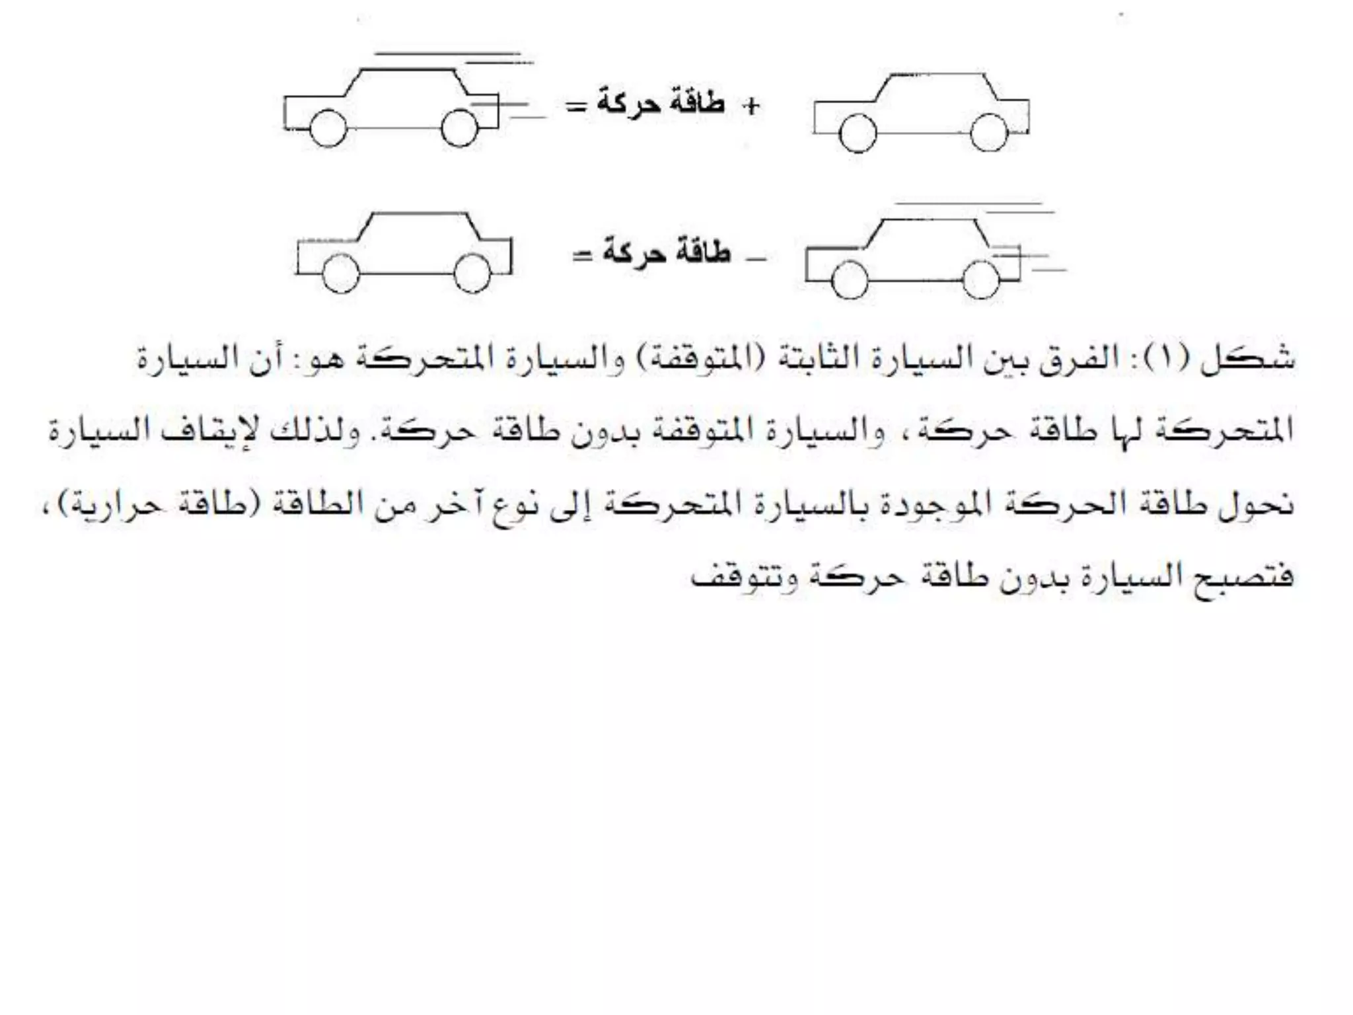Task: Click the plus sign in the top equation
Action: (750, 106)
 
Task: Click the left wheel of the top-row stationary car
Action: (858, 133)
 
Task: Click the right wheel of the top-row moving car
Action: (459, 128)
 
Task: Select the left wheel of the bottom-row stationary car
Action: (341, 273)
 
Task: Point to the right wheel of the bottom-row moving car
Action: (981, 280)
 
